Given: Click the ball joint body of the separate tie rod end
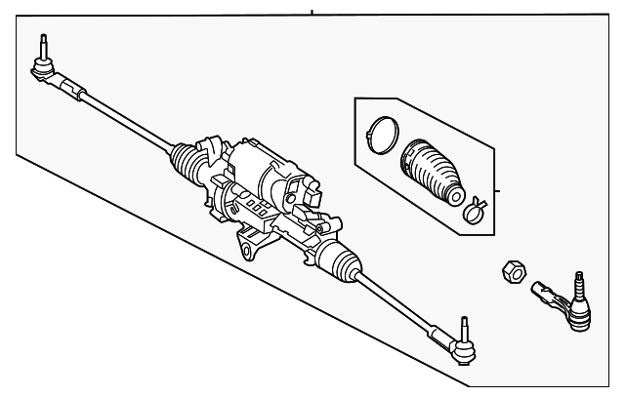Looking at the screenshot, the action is pos(577,314).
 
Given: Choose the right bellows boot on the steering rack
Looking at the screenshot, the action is pos(337,261).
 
